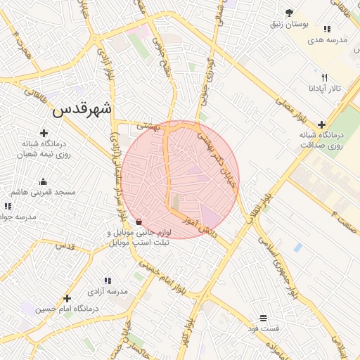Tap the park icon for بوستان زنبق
coord(289,13)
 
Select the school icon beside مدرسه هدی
coord(327,29)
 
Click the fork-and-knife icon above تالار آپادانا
coord(324,77)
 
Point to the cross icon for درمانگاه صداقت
coord(321,124)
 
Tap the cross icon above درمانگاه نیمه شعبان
coord(44,132)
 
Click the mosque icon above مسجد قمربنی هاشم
coord(44,181)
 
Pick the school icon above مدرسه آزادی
coord(108,281)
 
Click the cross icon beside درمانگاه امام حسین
coord(67,298)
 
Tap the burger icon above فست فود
coord(263,318)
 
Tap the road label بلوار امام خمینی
coord(164,276)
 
